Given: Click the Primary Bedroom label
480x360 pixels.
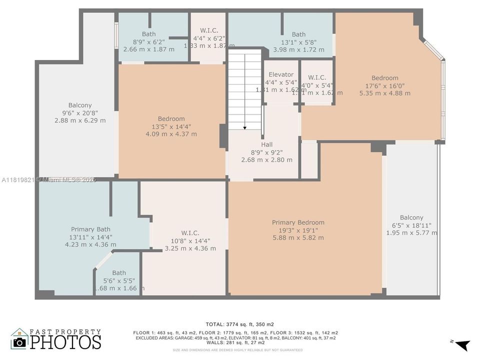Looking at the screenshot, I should (298, 222).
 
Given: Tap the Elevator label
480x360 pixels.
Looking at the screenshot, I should (280, 75).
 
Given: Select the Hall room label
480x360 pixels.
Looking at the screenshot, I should (266, 144).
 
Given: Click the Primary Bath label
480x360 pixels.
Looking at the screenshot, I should (90, 229).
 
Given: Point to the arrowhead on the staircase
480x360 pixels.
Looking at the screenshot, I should (244, 128).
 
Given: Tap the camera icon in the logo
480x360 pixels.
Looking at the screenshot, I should (19, 342).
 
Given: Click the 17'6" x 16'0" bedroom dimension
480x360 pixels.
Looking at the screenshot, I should (384, 85).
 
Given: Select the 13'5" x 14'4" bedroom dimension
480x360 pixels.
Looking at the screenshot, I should (171, 126).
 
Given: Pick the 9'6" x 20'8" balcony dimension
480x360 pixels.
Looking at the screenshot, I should (80, 113).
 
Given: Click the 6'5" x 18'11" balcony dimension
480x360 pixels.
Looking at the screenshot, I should (411, 225).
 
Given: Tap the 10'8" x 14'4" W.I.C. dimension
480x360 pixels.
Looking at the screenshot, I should (190, 240).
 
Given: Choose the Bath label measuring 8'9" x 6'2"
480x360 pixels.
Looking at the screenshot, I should (148, 34).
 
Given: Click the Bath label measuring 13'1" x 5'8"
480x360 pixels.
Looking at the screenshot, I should (298, 34).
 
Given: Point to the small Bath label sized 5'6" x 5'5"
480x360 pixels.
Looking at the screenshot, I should (119, 273).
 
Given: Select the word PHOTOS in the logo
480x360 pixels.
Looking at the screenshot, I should (65, 342).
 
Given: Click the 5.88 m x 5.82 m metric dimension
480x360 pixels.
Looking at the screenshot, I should (298, 237).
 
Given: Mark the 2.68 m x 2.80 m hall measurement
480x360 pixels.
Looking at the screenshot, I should (266, 159).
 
